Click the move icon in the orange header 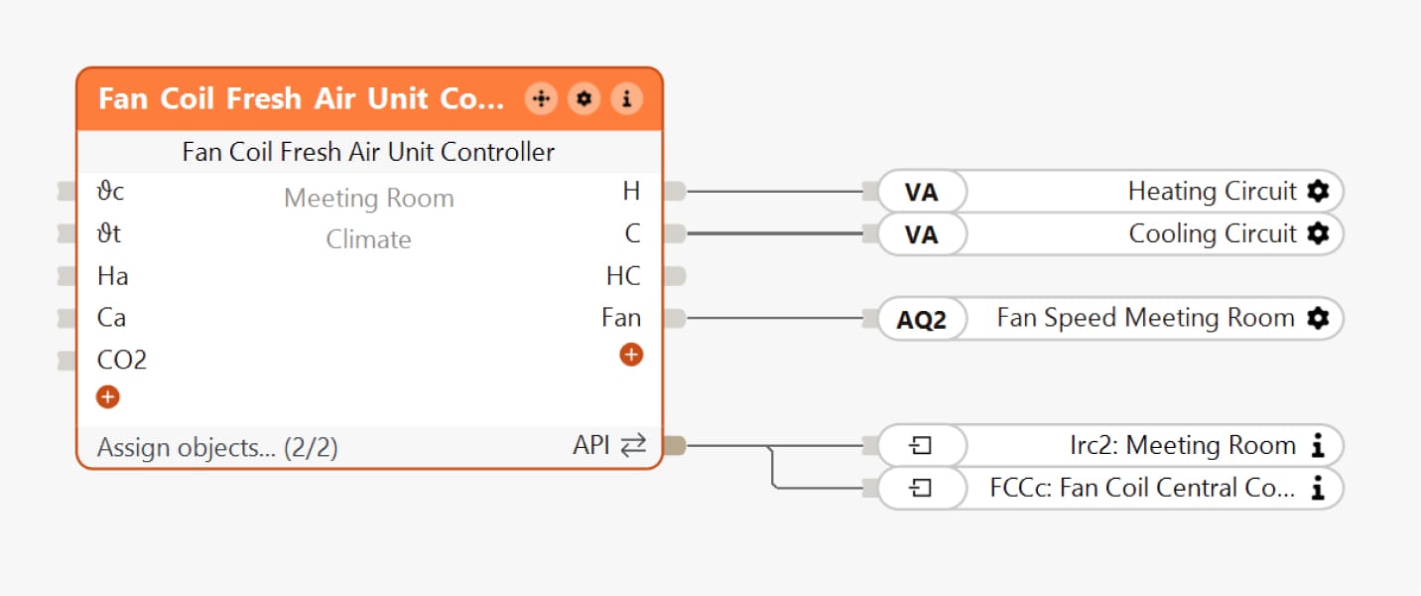(541, 99)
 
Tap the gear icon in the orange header (583, 99)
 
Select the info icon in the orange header (626, 99)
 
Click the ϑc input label (110, 192)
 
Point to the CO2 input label (122, 360)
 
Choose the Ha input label (112, 276)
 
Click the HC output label (623, 276)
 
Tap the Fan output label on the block (621, 318)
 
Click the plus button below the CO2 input (108, 397)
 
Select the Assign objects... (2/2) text (217, 448)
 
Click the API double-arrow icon (633, 447)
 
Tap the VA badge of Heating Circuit (921, 192)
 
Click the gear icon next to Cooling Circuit (1318, 233)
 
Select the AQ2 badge (921, 319)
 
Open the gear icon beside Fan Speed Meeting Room (1318, 318)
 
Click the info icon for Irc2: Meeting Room (1318, 446)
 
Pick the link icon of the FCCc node (921, 489)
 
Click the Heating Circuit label (1212, 191)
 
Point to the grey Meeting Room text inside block (369, 199)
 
